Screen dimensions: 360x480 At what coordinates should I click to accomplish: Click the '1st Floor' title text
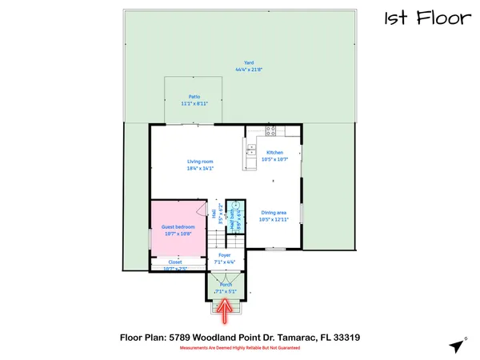426,18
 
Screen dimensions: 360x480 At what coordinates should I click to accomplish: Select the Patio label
194,96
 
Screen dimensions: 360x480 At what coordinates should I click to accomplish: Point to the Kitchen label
275,152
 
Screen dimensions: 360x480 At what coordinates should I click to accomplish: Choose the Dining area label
274,212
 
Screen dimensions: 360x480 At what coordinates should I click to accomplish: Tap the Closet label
174,262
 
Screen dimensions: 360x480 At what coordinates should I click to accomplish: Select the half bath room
235,214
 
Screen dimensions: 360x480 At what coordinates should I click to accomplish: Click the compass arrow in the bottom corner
456,346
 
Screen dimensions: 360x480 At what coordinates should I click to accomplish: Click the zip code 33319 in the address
350,337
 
